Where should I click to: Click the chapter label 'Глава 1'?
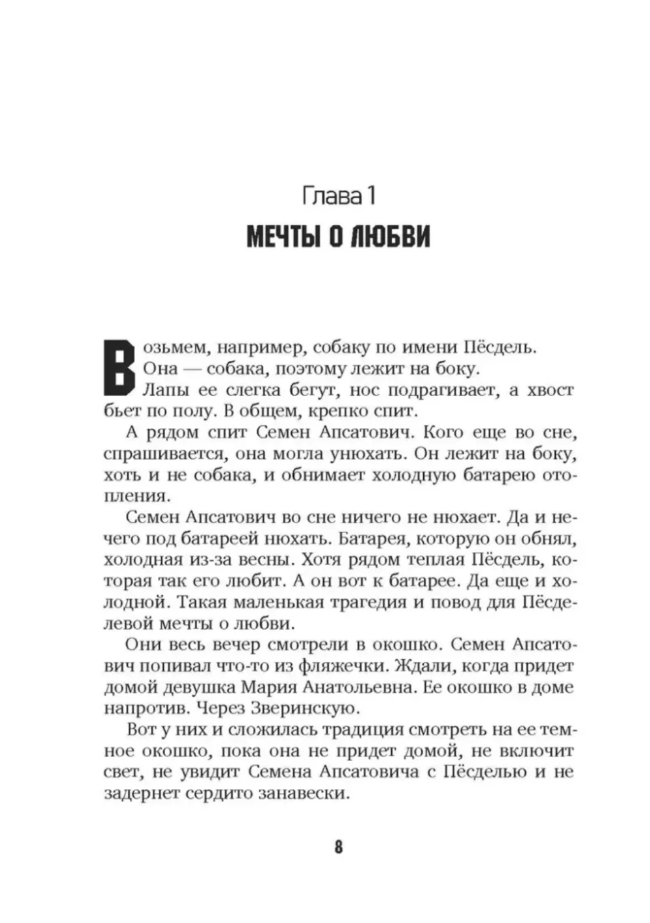[339, 196]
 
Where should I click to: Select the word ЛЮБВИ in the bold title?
[390, 238]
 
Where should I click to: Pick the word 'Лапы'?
[164, 390]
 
